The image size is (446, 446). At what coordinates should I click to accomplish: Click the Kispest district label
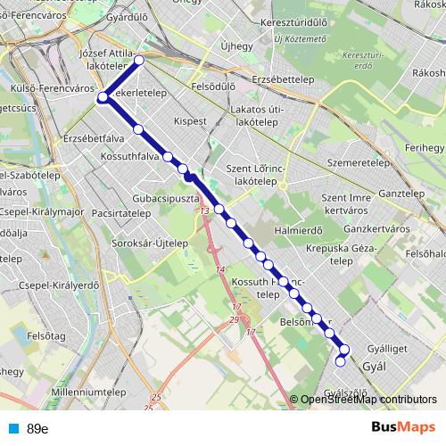pyautogui.click(x=190, y=119)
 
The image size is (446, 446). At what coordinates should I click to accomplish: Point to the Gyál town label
pyautogui.click(x=372, y=366)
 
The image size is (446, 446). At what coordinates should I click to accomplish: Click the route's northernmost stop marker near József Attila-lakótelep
pyautogui.click(x=138, y=60)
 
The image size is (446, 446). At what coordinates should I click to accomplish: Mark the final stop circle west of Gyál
pyautogui.click(x=340, y=361)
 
